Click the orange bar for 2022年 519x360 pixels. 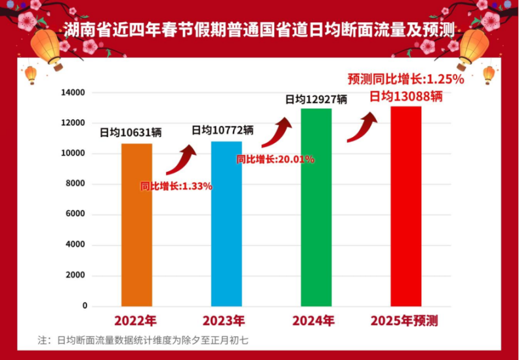pyautogui.click(x=136, y=225)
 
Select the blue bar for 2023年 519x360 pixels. pyautogui.click(x=226, y=224)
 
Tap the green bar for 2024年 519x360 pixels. pyautogui.click(x=316, y=207)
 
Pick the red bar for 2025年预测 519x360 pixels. pyautogui.click(x=406, y=206)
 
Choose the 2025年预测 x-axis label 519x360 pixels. pyautogui.click(x=404, y=321)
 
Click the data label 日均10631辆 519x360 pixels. pyautogui.click(x=131, y=132)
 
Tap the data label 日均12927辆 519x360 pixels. pyautogui.click(x=316, y=100)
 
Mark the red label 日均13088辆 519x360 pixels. pyautogui.click(x=405, y=96)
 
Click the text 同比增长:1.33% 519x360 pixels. pyautogui.click(x=176, y=186)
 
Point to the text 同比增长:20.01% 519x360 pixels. pyautogui.click(x=275, y=159)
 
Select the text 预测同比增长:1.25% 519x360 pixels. pyautogui.click(x=405, y=79)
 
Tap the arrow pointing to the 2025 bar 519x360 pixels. pyautogui.click(x=362, y=127)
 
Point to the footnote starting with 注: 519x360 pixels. pyautogui.click(x=142, y=340)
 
